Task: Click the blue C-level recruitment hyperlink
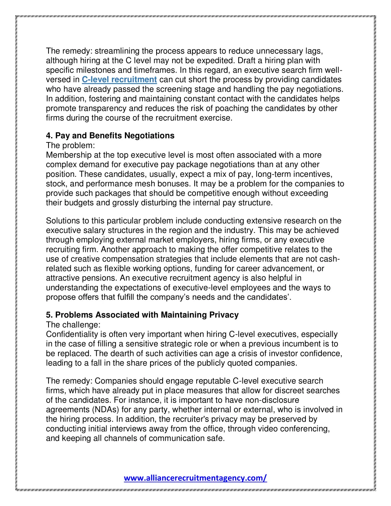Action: [x=119, y=80]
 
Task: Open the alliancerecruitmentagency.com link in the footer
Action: [x=195, y=478]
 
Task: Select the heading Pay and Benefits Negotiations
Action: [x=110, y=136]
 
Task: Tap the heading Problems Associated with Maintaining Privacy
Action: [x=142, y=315]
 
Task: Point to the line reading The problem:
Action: [x=70, y=145]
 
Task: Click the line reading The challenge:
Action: [x=73, y=325]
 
